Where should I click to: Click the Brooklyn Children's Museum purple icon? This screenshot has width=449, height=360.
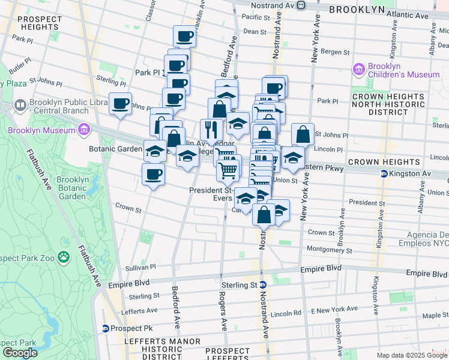(x=359, y=70)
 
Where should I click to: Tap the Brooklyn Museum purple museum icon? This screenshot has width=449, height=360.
(x=83, y=129)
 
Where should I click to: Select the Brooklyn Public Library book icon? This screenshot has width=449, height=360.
(x=20, y=106)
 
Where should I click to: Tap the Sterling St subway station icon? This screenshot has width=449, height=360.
(x=262, y=285)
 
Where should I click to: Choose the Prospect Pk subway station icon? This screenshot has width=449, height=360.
(x=105, y=328)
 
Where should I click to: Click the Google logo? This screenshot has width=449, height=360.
(x=20, y=353)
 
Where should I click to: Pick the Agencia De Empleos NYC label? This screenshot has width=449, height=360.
(x=415, y=239)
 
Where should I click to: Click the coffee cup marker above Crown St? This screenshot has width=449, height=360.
(x=152, y=175)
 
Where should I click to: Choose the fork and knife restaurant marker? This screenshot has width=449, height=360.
(x=211, y=130)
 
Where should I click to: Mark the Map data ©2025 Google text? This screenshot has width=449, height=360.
(x=412, y=355)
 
